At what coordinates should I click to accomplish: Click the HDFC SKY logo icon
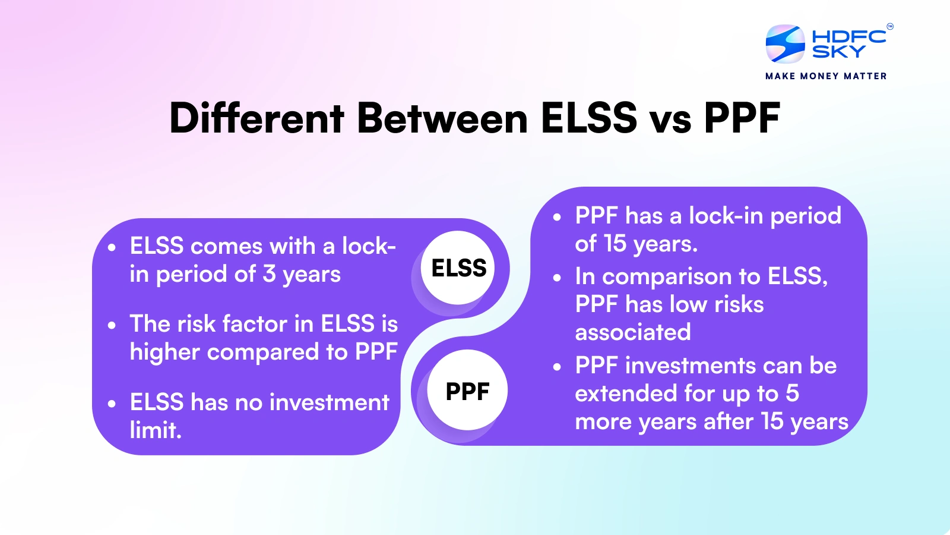(785, 44)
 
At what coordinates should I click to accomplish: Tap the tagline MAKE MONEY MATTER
(826, 76)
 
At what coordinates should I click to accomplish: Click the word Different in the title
(256, 118)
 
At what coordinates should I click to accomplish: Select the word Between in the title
(442, 118)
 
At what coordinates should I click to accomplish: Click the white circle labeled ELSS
(458, 267)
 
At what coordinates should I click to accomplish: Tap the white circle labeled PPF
(467, 390)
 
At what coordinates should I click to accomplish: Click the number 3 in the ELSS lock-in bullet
(269, 274)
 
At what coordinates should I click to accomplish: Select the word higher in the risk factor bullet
(164, 353)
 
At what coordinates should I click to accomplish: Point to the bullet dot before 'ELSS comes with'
(112, 247)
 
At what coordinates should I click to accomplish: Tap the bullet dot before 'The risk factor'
(112, 325)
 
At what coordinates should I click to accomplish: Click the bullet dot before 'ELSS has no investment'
(112, 404)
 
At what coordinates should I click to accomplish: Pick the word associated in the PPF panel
(633, 332)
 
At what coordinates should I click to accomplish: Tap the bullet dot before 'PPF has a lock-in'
(557, 217)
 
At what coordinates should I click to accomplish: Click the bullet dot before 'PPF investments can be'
(557, 367)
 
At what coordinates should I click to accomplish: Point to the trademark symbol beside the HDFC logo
(890, 26)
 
